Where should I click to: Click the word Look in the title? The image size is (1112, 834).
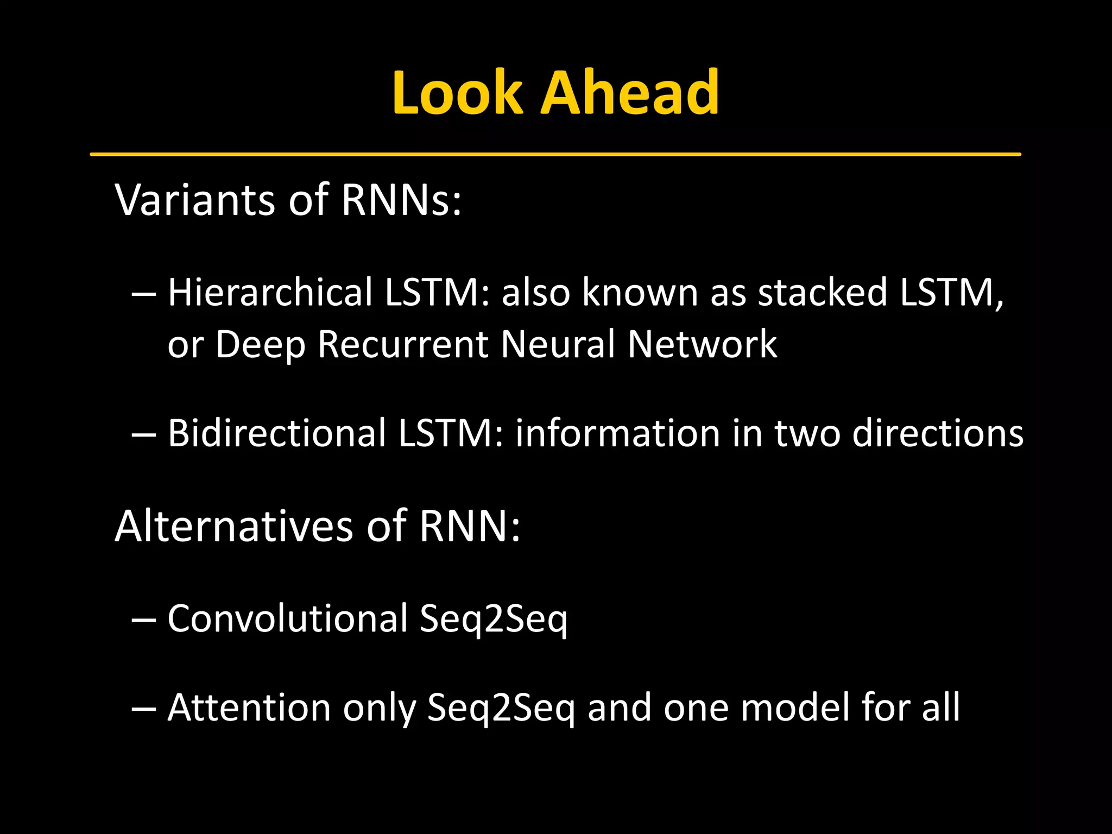[x=457, y=93]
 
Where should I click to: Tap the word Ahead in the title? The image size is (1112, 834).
[x=630, y=93]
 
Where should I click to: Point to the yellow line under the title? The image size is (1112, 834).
[x=555, y=155]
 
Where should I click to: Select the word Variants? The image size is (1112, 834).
[x=195, y=200]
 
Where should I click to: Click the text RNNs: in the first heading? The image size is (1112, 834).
[x=401, y=200]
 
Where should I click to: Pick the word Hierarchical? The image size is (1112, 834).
[x=270, y=292]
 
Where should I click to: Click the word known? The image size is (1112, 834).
[x=640, y=292]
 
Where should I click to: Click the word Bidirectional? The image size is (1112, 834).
[x=276, y=433]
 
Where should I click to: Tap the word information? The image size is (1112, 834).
[x=617, y=433]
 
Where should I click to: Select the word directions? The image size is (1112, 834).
[x=938, y=433]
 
